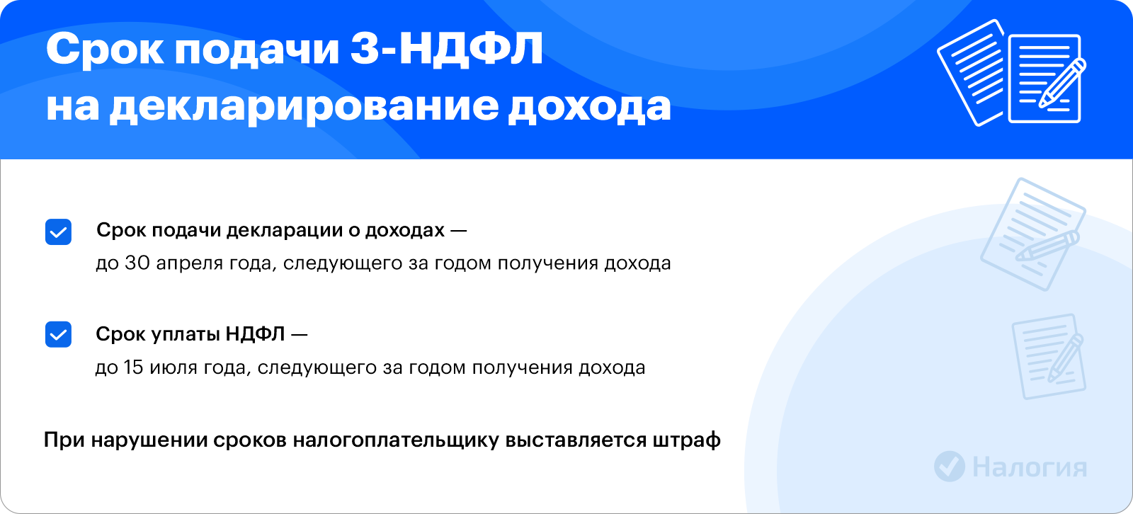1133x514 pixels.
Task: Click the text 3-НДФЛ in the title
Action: click(x=447, y=49)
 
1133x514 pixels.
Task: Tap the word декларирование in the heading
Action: click(x=304, y=107)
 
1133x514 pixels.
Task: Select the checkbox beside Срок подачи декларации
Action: click(x=58, y=232)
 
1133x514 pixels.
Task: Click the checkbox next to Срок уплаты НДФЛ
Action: click(x=58, y=334)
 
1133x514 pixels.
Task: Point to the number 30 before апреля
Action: click(x=137, y=263)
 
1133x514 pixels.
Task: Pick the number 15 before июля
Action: click(x=133, y=367)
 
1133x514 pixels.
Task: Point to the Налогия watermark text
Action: click(x=1030, y=467)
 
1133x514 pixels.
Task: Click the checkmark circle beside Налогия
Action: click(x=950, y=466)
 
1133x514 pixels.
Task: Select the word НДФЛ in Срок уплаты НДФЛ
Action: click(x=256, y=334)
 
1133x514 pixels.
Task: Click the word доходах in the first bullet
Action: click(x=404, y=231)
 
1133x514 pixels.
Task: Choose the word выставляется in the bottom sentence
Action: click(x=576, y=440)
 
